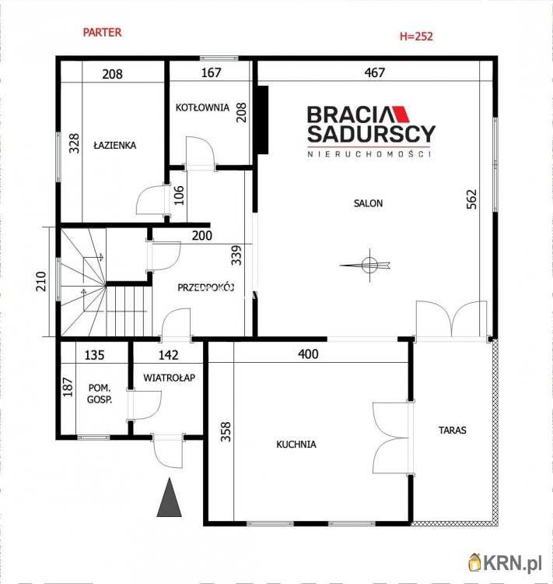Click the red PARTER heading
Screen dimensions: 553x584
click(x=102, y=33)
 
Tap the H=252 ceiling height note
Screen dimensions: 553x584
click(x=416, y=36)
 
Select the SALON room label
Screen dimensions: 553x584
click(x=368, y=203)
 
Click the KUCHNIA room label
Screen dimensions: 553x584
click(x=296, y=445)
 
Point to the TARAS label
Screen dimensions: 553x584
click(x=452, y=430)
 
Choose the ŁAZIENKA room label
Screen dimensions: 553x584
click(x=114, y=146)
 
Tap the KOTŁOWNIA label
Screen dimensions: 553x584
click(x=202, y=107)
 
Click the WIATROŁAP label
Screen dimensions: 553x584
click(x=169, y=378)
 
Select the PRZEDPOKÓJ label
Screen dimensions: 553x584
click(x=205, y=287)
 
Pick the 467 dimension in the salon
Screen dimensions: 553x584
click(x=374, y=72)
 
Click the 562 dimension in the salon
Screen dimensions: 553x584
click(x=471, y=199)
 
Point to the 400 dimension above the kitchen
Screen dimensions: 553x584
click(x=308, y=354)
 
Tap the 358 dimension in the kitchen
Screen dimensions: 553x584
click(x=226, y=431)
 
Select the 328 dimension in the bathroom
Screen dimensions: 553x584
click(x=75, y=143)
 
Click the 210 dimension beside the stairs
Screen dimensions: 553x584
click(x=41, y=281)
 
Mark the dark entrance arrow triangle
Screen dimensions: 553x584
click(x=170, y=498)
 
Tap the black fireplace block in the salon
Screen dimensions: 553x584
click(x=263, y=120)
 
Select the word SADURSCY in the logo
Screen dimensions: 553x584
click(x=372, y=134)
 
